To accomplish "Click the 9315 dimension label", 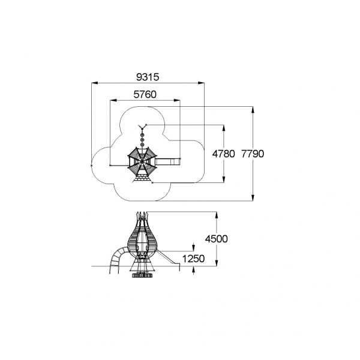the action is (x=148, y=77).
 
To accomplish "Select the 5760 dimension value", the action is (x=145, y=94).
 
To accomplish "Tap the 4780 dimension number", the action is (x=223, y=154).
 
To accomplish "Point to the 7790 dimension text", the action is (x=253, y=154).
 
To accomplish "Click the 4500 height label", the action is (x=216, y=239).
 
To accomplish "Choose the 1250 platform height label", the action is (x=193, y=259).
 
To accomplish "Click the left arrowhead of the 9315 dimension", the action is (x=95, y=83).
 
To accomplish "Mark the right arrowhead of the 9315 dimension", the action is (x=200, y=83).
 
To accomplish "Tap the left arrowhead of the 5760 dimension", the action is (x=113, y=100).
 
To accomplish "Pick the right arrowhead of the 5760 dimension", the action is (x=177, y=100).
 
